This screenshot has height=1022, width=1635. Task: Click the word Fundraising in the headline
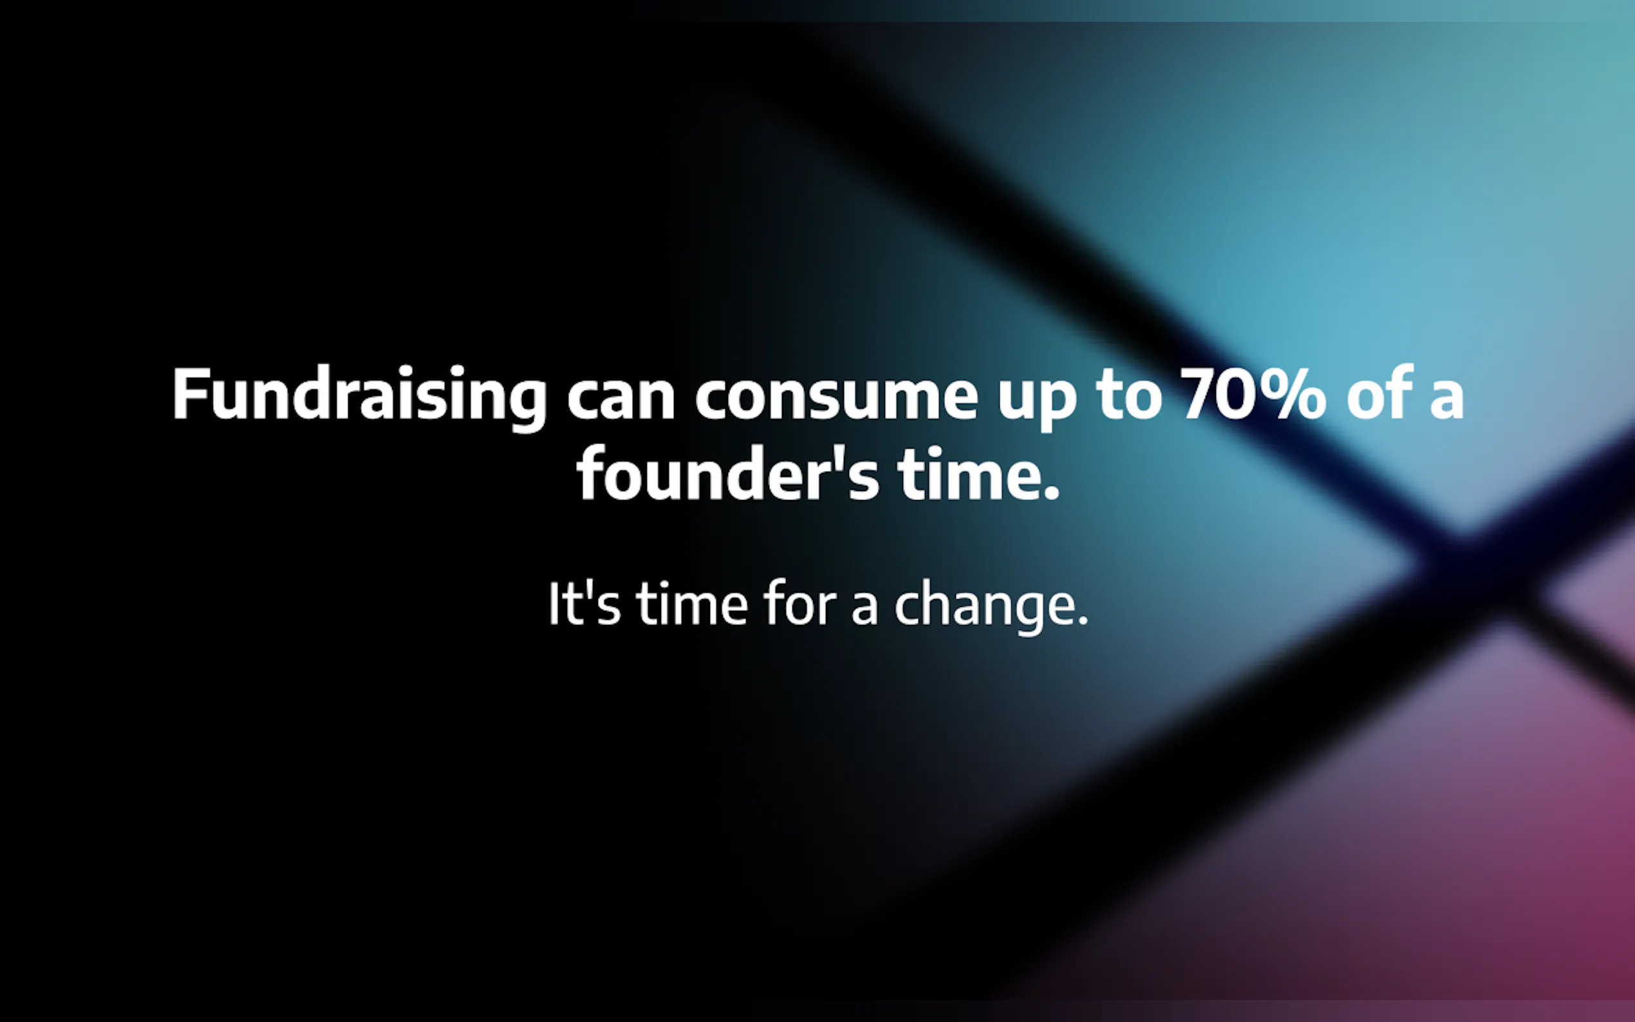pos(360,398)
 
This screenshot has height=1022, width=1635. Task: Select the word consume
pos(836,398)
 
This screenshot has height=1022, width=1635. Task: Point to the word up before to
pos(1037,404)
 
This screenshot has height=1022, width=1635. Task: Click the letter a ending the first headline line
pos(1446,399)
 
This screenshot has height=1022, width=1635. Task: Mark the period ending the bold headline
pos(1051,492)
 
